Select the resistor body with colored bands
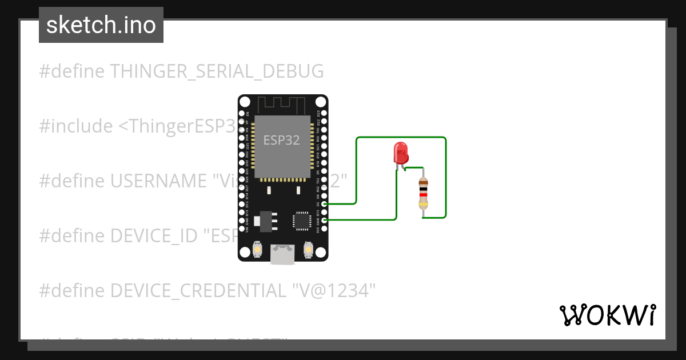click(x=423, y=193)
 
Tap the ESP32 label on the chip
click(x=281, y=141)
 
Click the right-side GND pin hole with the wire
click(x=325, y=220)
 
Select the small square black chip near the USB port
click(x=301, y=221)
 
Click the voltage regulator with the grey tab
click(x=267, y=219)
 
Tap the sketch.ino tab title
click(x=101, y=25)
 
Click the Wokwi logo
click(x=607, y=315)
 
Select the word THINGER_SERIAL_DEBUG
click(x=217, y=71)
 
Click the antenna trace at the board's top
click(x=282, y=105)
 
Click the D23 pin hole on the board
click(x=325, y=113)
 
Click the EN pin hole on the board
click(x=241, y=113)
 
